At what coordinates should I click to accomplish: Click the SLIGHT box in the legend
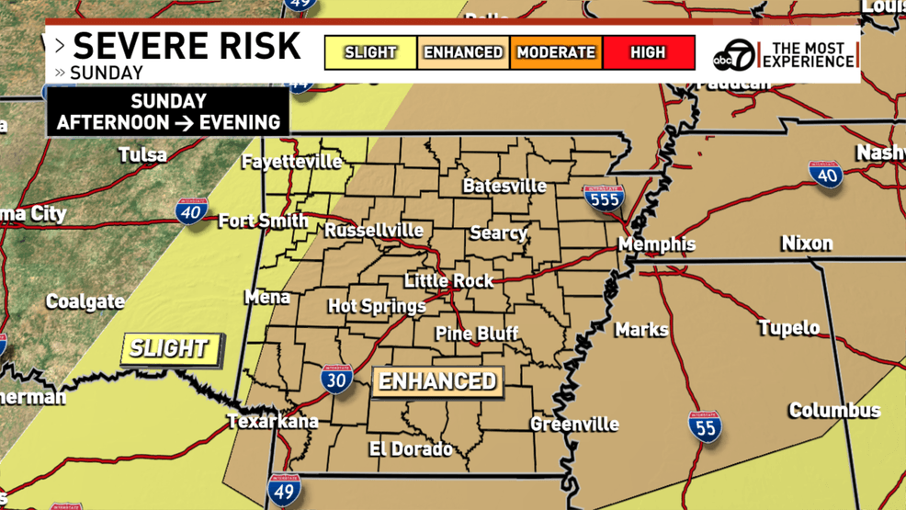pos(370,52)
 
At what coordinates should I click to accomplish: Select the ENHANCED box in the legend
pos(463,52)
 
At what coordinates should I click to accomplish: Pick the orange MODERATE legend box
pos(556,52)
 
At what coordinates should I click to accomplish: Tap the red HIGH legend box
pos(648,52)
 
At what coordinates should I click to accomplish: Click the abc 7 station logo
pos(734,55)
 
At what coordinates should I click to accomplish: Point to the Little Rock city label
pos(449,280)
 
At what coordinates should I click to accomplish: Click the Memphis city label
pos(656,244)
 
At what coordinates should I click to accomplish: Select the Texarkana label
pos(273,422)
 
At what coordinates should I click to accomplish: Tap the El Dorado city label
pos(411,449)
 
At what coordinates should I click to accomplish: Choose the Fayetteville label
pos(291,162)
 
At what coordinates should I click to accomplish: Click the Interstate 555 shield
pos(604,198)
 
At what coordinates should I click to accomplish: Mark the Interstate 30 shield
pos(336,379)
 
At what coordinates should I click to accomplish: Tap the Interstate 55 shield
pos(705,427)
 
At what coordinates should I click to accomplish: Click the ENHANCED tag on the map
pos(437,381)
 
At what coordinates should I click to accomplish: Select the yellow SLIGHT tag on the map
pos(171,348)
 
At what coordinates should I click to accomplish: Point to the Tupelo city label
pos(788,328)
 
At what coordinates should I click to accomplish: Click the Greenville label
pos(574,424)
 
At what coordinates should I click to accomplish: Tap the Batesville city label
pos(504,186)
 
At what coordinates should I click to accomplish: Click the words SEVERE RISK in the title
pos(187,46)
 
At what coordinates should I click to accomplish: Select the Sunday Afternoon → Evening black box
pos(168,112)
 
